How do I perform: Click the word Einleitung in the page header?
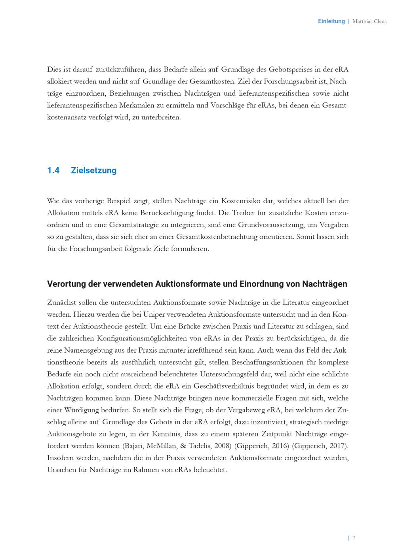point(331,21)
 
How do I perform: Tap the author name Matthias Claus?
point(369,21)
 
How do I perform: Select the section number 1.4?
point(53,170)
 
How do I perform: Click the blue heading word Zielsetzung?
point(93,170)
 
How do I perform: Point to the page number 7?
point(354,538)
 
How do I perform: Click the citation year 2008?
point(223,446)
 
